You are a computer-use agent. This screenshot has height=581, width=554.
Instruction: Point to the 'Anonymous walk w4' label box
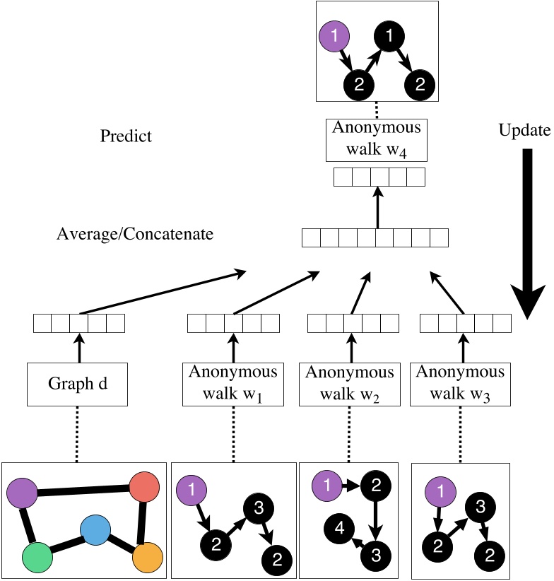pyautogui.click(x=378, y=139)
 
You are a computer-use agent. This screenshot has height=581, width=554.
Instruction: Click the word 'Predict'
pyautogui.click(x=126, y=136)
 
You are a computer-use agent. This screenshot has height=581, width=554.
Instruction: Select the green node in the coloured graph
pyautogui.click(x=37, y=556)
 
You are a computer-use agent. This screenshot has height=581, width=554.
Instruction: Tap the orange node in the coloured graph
pyautogui.click(x=148, y=556)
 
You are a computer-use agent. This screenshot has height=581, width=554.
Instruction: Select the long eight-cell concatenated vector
pyautogui.click(x=375, y=237)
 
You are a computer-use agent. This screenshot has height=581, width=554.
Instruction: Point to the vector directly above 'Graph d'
pyautogui.click(x=79, y=323)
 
